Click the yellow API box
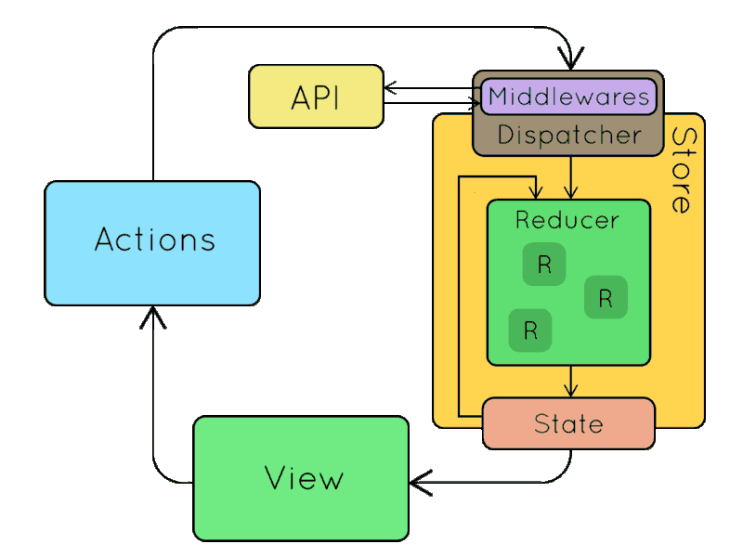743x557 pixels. (316, 97)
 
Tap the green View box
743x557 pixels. (301, 478)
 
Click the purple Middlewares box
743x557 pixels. (567, 96)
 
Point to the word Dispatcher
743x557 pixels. (568, 136)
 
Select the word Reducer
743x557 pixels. (567, 220)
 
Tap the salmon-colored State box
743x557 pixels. (568, 423)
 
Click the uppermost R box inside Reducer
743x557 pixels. (544, 266)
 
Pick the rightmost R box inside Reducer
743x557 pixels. (606, 298)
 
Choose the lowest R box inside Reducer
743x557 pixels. (530, 330)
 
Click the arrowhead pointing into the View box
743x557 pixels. (418, 482)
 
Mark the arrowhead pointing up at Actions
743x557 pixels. (153, 318)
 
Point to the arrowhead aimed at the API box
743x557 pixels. (391, 88)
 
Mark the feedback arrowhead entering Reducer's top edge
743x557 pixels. (536, 192)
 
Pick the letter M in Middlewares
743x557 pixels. (498, 96)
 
